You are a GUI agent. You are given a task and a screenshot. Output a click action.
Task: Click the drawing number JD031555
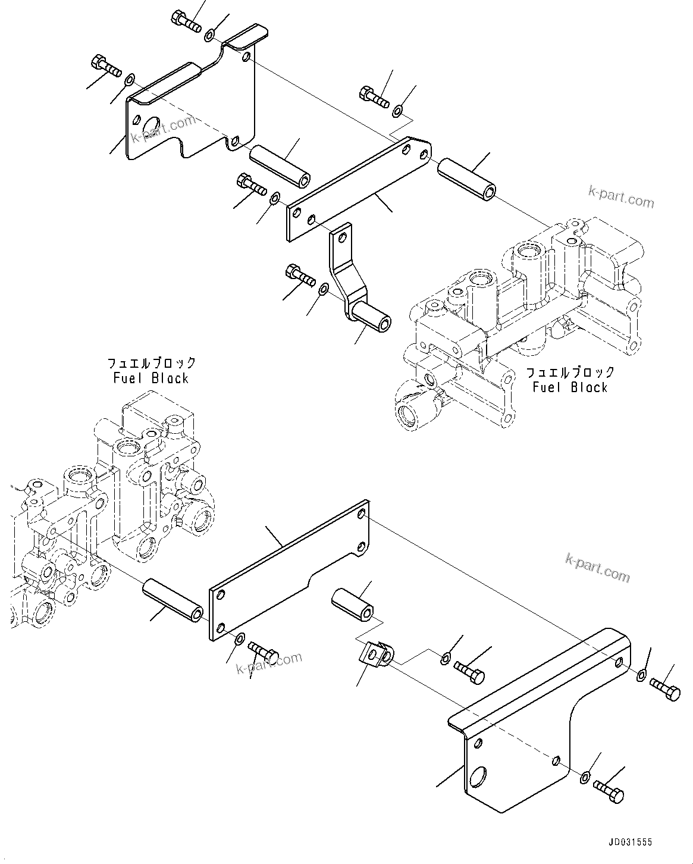(x=630, y=842)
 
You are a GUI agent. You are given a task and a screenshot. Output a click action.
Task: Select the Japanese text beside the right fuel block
(x=570, y=372)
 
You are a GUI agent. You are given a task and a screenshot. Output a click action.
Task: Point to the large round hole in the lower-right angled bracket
(x=478, y=777)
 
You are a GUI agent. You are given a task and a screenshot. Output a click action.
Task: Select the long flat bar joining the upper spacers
(x=359, y=189)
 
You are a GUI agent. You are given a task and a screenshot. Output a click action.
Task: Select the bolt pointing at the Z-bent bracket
(x=300, y=274)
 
